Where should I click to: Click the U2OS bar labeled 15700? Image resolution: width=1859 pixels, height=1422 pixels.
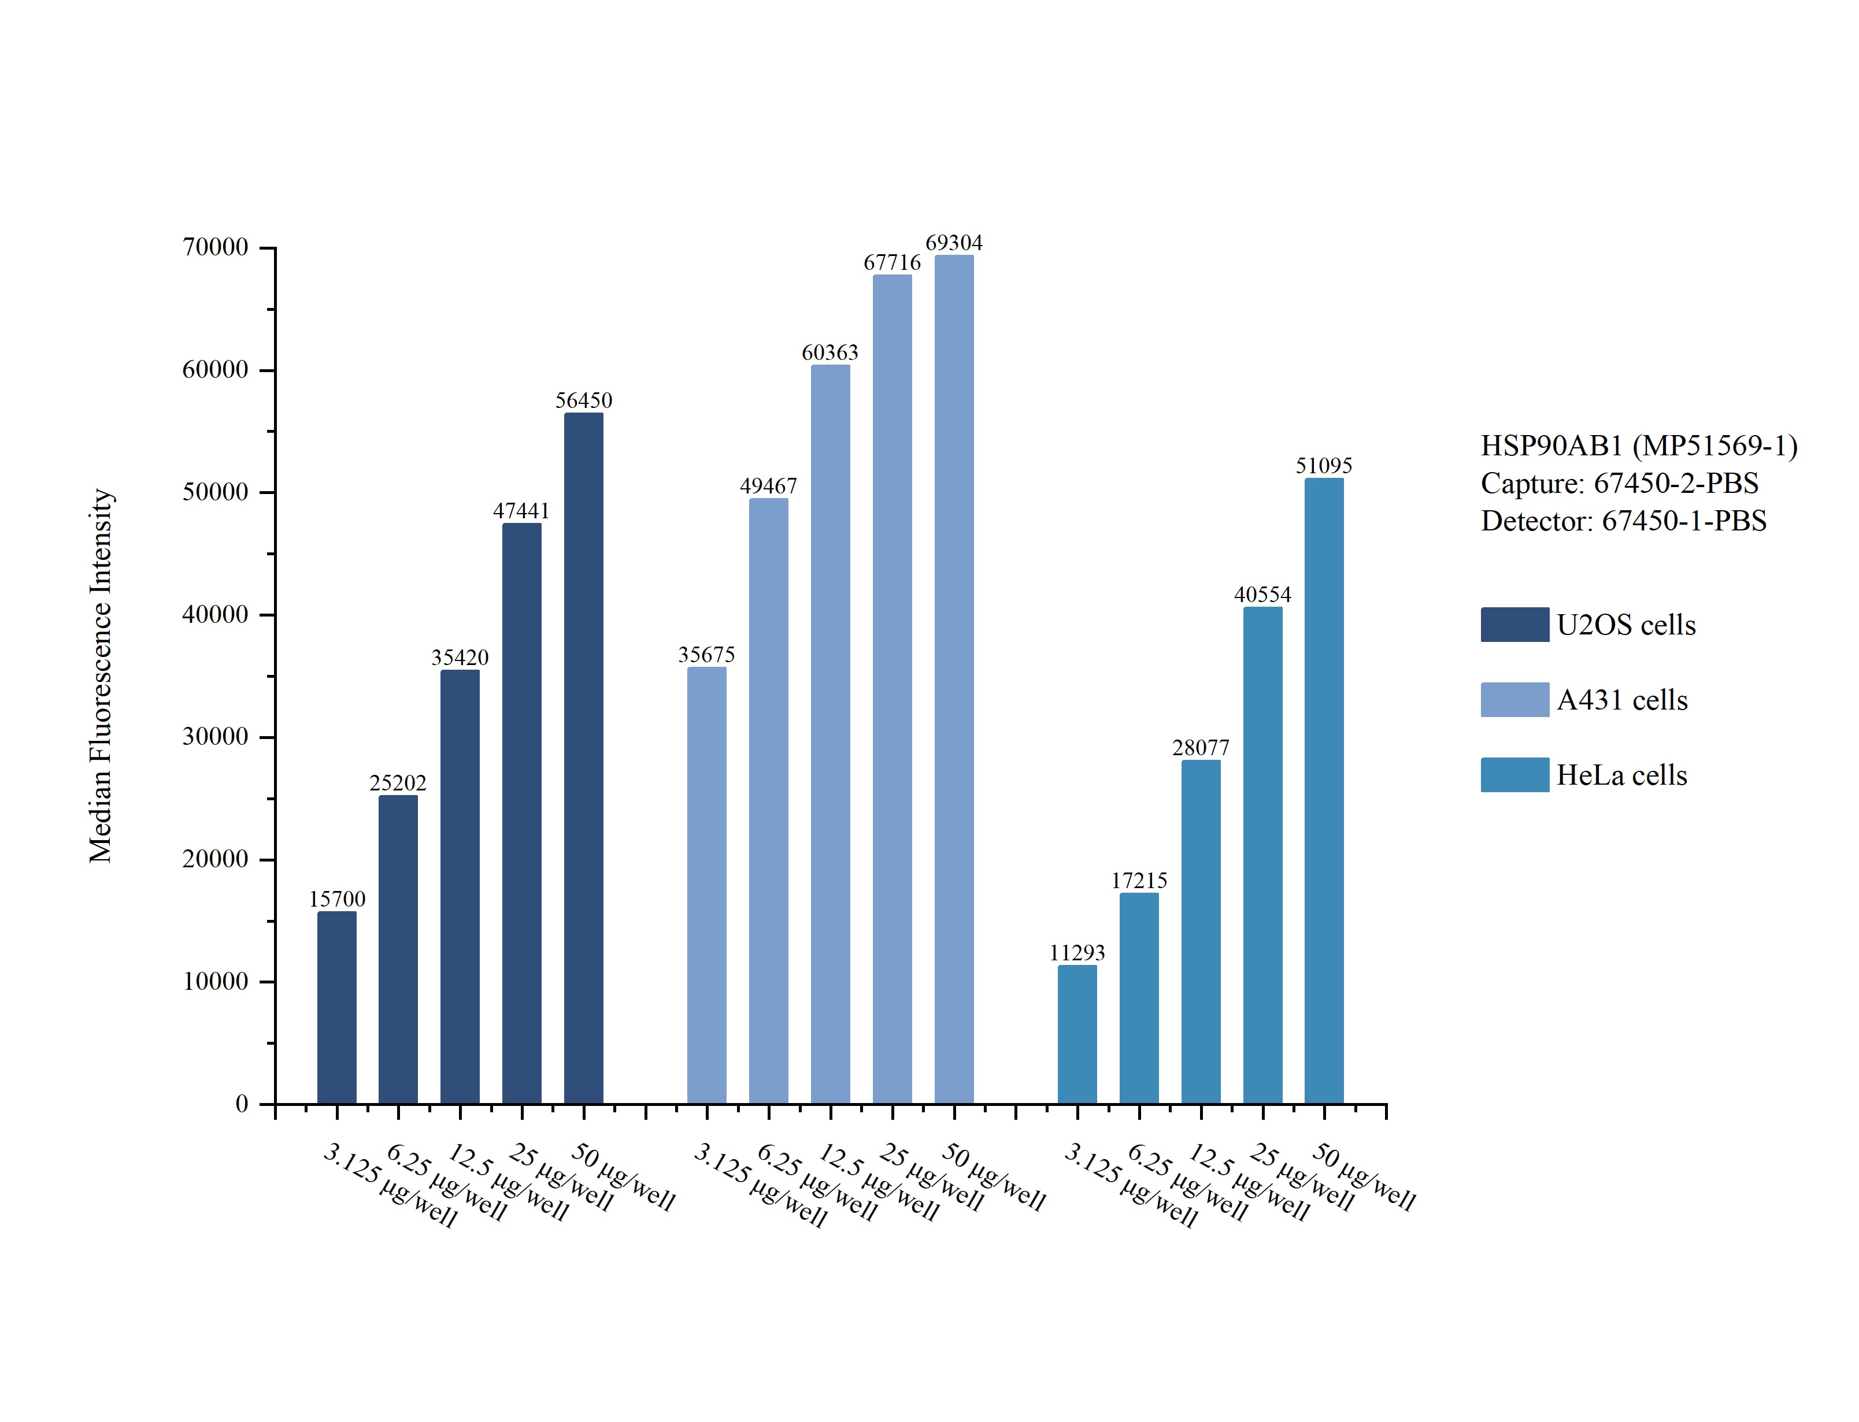click(x=337, y=1007)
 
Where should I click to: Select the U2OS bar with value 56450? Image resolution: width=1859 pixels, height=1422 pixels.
click(x=583, y=758)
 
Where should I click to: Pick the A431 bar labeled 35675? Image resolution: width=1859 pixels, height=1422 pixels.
click(x=706, y=885)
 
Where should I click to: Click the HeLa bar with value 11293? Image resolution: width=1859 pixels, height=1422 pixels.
click(x=1077, y=1034)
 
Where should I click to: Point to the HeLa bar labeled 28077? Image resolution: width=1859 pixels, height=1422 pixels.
click(x=1201, y=931)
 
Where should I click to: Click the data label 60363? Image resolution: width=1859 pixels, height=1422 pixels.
click(x=829, y=352)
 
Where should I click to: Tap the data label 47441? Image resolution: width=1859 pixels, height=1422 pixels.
click(x=521, y=510)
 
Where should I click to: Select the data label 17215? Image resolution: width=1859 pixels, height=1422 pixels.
click(x=1139, y=880)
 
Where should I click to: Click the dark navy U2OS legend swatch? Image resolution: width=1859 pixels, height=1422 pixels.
click(x=1514, y=624)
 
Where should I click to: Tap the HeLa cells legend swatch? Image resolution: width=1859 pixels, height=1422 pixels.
click(x=1514, y=774)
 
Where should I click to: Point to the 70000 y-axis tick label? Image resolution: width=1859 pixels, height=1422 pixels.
click(x=216, y=247)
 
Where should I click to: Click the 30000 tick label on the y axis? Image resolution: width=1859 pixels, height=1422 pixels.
click(x=216, y=736)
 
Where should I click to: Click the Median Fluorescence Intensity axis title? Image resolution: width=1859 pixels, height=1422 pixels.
click(x=101, y=675)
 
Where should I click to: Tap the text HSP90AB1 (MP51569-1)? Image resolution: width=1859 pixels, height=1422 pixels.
click(x=1639, y=445)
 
